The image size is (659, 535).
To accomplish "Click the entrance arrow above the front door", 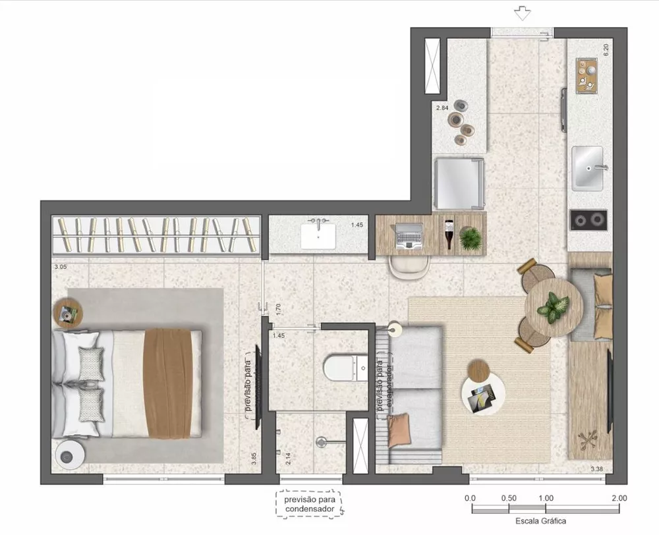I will click(x=523, y=13).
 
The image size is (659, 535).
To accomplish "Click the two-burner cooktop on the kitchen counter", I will click(x=588, y=219).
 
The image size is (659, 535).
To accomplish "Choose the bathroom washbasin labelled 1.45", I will click(x=318, y=235).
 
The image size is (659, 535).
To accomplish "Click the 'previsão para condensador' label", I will click(x=308, y=505).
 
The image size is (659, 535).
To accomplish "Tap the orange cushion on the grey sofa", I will click(x=399, y=429).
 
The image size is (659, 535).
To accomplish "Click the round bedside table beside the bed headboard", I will click(x=69, y=312).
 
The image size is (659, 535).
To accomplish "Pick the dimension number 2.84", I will click(x=442, y=107).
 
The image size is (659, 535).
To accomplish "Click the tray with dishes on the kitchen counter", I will click(x=586, y=75).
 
